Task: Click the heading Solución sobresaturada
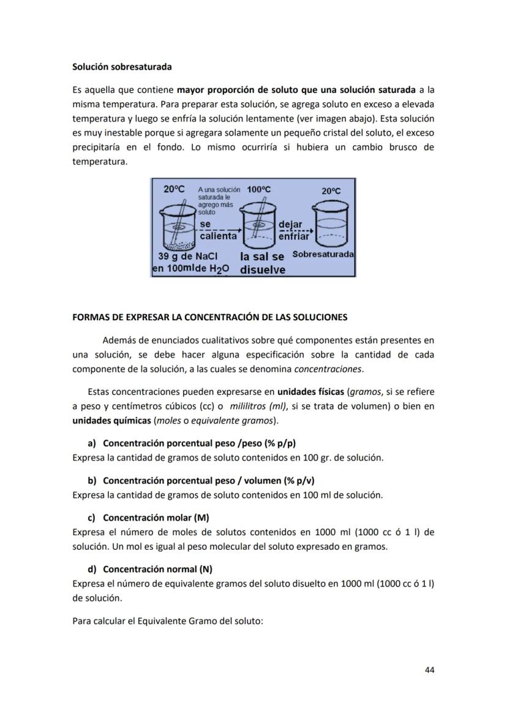122,66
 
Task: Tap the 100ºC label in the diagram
258,190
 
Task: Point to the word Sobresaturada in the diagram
323,254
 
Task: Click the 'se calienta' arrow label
218,231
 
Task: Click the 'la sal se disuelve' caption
262,263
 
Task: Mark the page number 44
429,670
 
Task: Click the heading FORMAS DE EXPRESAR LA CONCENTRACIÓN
209,317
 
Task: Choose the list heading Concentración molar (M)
156,517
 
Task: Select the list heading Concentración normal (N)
157,569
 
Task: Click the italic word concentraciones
328,369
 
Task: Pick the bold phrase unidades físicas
310,392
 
